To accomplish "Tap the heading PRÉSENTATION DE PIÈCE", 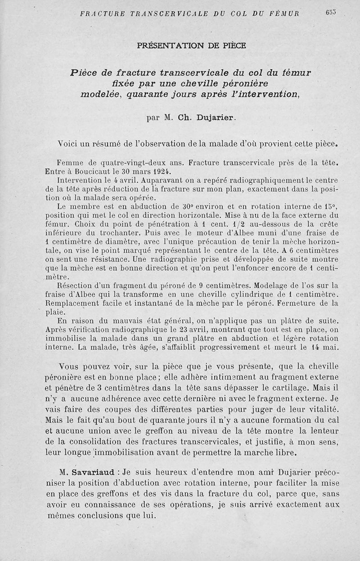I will point(191,45).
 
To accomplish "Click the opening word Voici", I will point(70,145).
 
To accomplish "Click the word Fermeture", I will point(297,303).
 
